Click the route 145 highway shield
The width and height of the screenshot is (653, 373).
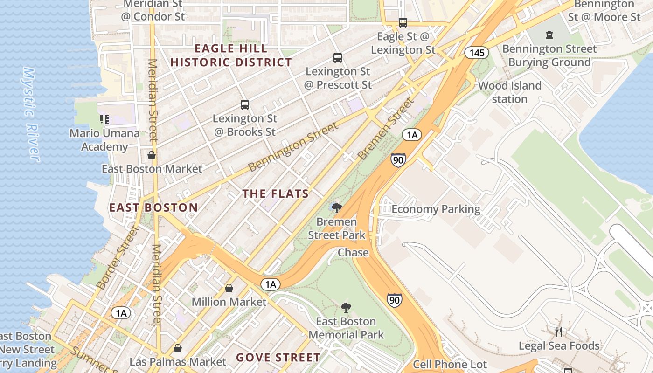pyautogui.click(x=477, y=53)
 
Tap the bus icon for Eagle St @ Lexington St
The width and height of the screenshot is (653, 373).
pyautogui.click(x=403, y=22)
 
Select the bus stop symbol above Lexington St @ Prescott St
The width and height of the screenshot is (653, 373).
pyautogui.click(x=338, y=58)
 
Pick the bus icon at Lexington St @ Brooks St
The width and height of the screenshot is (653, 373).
pyautogui.click(x=245, y=105)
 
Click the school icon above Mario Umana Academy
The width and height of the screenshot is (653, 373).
pyautogui.click(x=104, y=119)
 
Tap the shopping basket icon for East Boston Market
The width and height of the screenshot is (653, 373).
pyautogui.click(x=152, y=155)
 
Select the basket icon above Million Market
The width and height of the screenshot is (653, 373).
pyautogui.click(x=229, y=288)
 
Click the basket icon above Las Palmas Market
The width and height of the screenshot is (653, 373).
pyautogui.click(x=177, y=348)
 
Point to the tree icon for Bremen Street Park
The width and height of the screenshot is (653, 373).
pyautogui.click(x=336, y=207)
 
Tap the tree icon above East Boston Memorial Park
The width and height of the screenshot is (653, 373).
pyautogui.click(x=346, y=307)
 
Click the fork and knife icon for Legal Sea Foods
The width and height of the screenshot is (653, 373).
pyautogui.click(x=559, y=332)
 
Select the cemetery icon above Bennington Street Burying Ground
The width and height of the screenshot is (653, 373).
pyautogui.click(x=549, y=35)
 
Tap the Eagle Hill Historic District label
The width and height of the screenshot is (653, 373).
pyautogui.click(x=231, y=55)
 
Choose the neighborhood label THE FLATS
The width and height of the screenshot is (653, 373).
pyautogui.click(x=276, y=193)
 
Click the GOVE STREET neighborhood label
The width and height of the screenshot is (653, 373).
pyautogui.click(x=278, y=358)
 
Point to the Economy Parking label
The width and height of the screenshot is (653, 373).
pyautogui.click(x=436, y=209)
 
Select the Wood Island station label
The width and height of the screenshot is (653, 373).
pyautogui.click(x=509, y=92)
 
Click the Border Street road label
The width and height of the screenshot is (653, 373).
pyautogui.click(x=118, y=257)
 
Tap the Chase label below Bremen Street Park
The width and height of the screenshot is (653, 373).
pyautogui.click(x=353, y=253)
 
